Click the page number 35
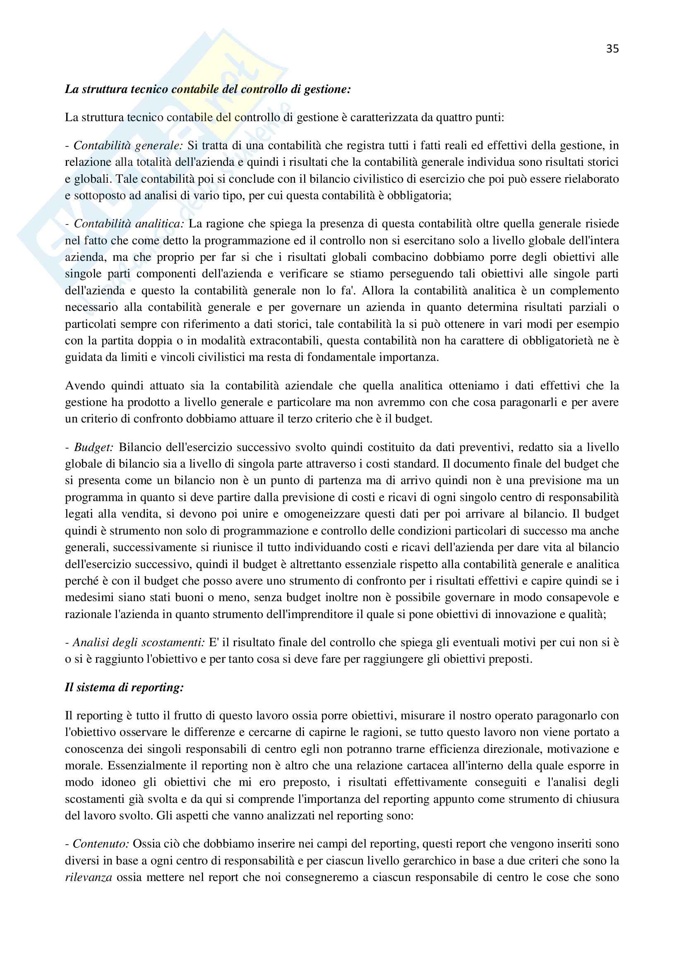(x=612, y=49)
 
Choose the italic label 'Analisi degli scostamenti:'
(x=139, y=642)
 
